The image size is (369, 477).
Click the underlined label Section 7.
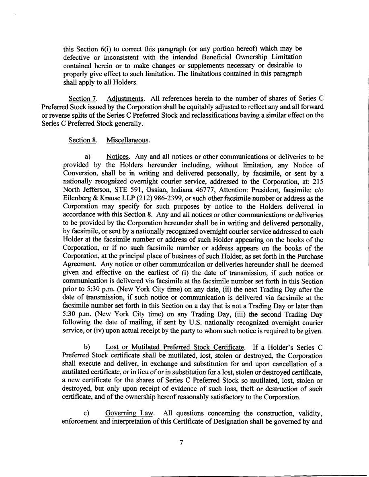(80, 99)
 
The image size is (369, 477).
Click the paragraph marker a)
(86, 157)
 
